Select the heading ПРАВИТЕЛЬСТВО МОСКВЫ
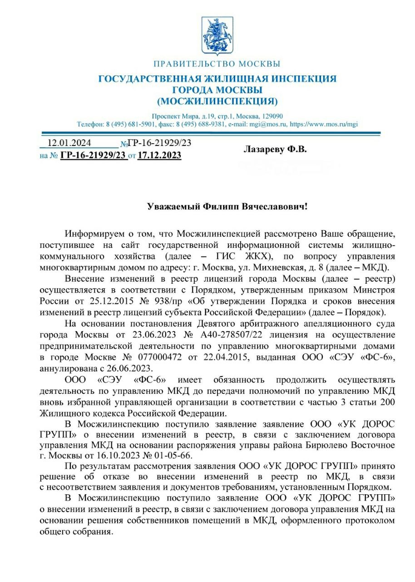(217, 64)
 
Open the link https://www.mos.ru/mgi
(324, 124)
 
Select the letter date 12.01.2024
(66, 143)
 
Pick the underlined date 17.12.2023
(159, 156)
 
